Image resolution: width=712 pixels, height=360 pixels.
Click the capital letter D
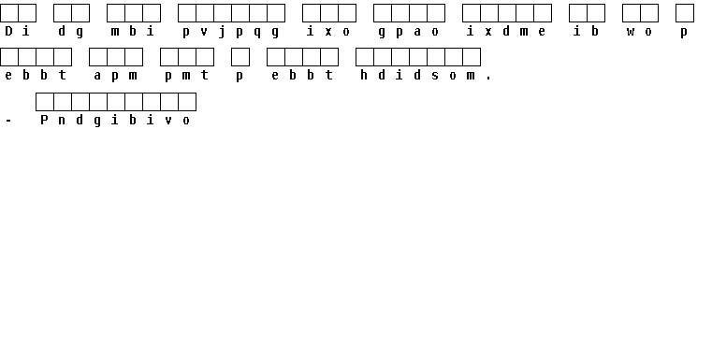(x=8, y=31)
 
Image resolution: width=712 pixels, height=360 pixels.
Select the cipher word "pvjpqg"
(x=231, y=32)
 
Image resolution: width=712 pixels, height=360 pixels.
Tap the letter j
(x=222, y=32)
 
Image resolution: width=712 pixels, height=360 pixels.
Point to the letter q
(x=257, y=32)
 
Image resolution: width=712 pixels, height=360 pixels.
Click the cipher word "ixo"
(x=328, y=31)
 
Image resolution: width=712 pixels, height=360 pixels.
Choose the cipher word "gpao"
(x=408, y=32)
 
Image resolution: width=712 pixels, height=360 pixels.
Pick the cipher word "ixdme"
(x=506, y=31)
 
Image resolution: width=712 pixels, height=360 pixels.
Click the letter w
(x=631, y=32)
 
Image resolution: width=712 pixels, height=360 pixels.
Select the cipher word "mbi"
(x=133, y=31)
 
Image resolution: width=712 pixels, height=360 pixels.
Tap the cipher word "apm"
(x=115, y=77)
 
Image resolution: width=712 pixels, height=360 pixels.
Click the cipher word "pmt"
(x=186, y=77)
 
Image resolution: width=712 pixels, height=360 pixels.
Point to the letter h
(x=364, y=75)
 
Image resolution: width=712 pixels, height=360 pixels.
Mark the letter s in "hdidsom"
(x=435, y=76)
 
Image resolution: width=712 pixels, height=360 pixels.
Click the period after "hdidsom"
(x=488, y=79)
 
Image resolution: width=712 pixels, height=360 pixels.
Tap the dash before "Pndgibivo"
(x=8, y=121)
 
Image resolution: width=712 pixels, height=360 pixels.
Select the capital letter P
(x=44, y=120)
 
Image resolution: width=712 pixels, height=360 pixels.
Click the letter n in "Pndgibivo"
(x=62, y=121)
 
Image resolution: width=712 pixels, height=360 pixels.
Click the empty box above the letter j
(x=223, y=13)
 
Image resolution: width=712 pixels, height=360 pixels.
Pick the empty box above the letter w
(x=632, y=13)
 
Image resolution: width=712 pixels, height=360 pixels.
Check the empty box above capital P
(x=45, y=102)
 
